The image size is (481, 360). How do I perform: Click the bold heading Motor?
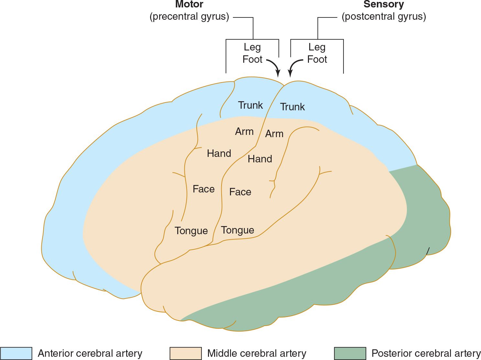[x=189, y=5]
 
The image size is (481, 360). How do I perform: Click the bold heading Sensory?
[x=384, y=5]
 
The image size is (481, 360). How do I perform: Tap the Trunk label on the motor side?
[x=250, y=105]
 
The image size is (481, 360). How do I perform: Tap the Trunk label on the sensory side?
[x=292, y=107]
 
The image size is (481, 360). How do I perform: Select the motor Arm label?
[x=244, y=132]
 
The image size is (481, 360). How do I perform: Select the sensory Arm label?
[x=274, y=134]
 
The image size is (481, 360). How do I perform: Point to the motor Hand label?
[x=219, y=153]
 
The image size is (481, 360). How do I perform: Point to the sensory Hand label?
[x=260, y=159]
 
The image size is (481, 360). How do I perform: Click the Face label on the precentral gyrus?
[x=203, y=189]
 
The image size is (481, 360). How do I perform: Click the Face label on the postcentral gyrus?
[x=240, y=192]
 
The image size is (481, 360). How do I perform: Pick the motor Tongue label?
[x=191, y=231]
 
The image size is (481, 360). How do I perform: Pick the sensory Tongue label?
[x=237, y=230]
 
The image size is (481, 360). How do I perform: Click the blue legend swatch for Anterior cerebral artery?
[x=16, y=353]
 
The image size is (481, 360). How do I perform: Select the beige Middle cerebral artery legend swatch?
[x=185, y=353]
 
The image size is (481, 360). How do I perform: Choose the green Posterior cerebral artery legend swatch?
[x=350, y=353]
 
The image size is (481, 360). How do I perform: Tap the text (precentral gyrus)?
[x=189, y=16]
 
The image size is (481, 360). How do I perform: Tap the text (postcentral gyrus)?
[x=384, y=16]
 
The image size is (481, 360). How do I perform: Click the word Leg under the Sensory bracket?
[x=317, y=47]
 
